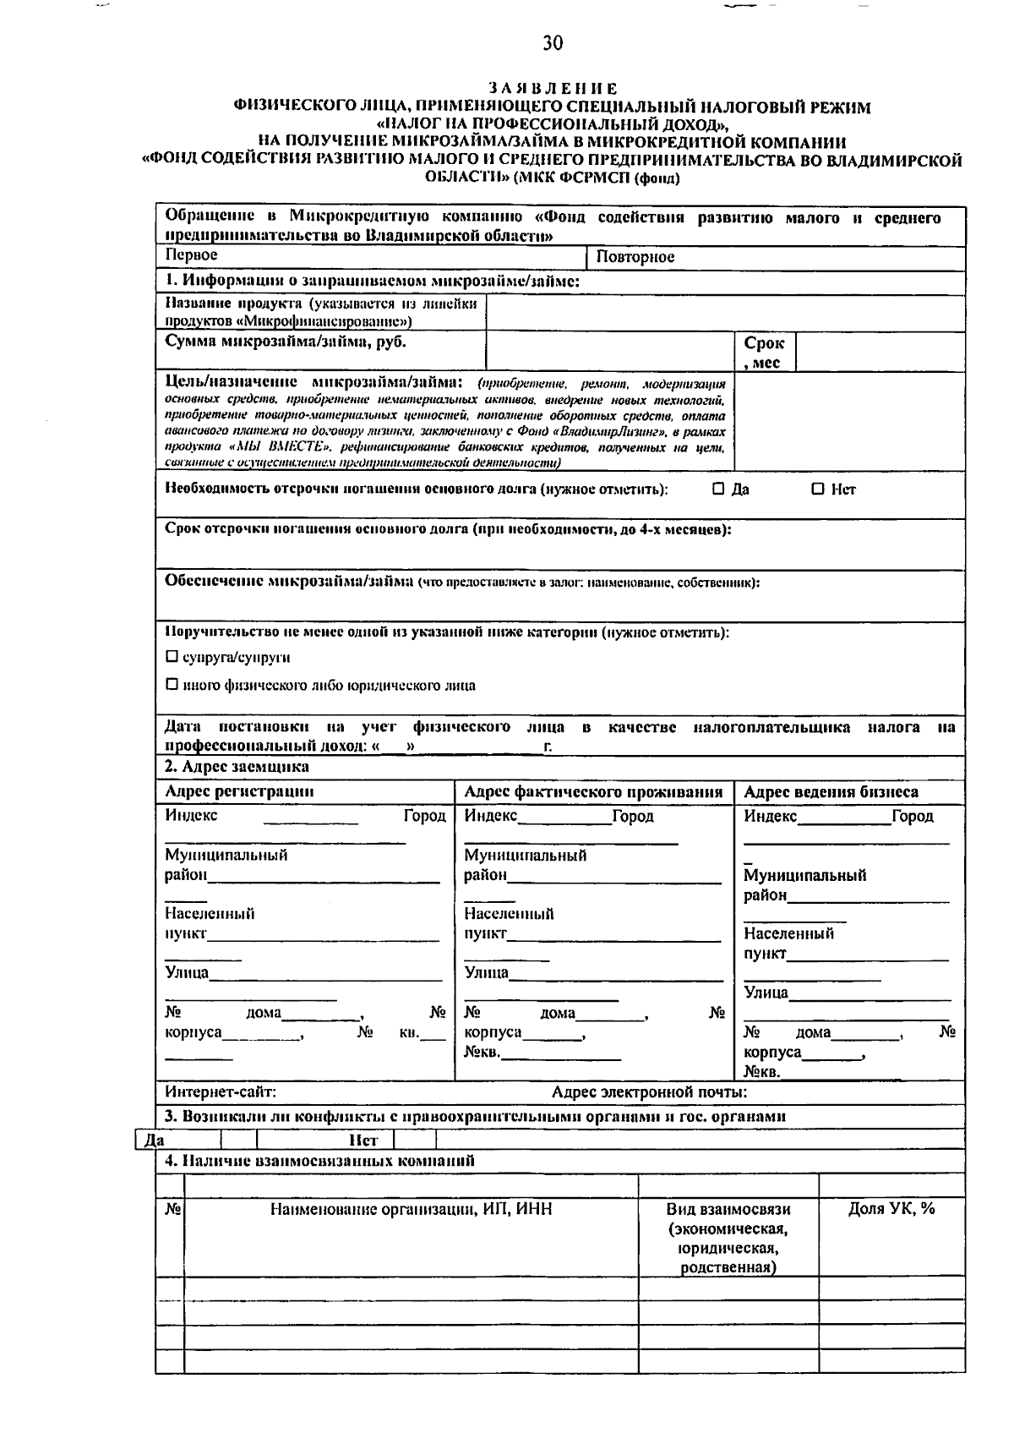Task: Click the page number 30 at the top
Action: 553,43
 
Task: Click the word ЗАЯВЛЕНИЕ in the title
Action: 553,88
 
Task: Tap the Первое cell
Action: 192,255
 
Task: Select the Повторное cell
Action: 635,257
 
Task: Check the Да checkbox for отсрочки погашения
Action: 718,489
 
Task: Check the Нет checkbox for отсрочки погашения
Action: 817,489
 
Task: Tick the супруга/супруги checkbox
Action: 172,657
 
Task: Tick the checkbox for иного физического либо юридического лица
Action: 172,685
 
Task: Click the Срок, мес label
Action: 764,353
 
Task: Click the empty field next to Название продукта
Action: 725,313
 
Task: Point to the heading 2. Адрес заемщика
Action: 237,767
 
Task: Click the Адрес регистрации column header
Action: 239,792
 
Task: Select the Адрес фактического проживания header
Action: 593,792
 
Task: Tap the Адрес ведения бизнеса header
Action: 831,792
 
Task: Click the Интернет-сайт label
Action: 221,1092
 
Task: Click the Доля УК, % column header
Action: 891,1209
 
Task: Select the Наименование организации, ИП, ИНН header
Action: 412,1210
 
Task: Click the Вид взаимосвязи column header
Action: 728,1238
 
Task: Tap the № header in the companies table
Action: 172,1210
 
